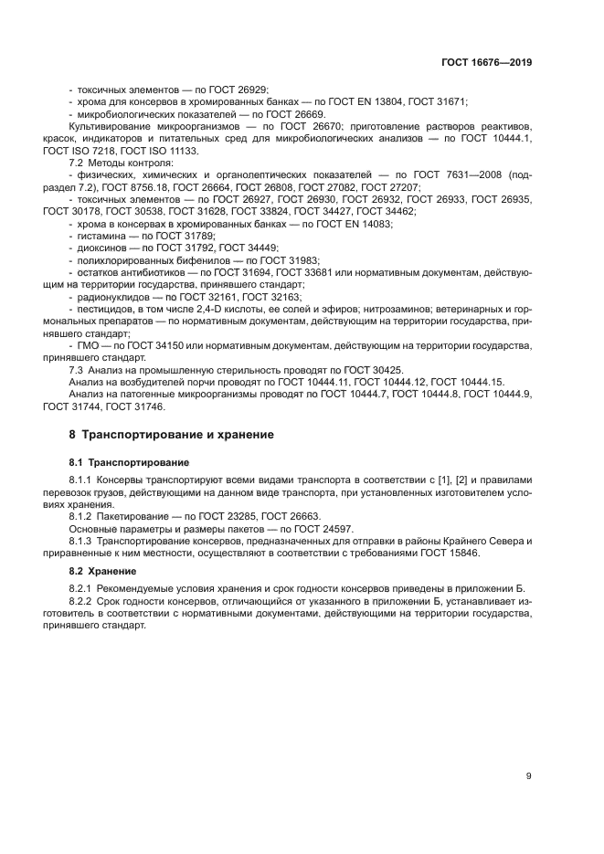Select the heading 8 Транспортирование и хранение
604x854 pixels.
click(x=172, y=434)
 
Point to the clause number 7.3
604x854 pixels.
click(x=78, y=369)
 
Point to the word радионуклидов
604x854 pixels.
click(x=110, y=297)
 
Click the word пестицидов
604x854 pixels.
click(x=106, y=310)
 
